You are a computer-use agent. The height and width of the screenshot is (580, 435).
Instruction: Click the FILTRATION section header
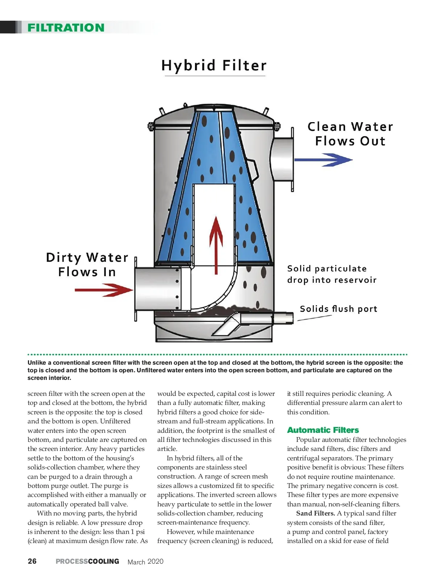(66, 28)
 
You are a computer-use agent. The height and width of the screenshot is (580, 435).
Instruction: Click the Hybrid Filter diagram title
(214, 66)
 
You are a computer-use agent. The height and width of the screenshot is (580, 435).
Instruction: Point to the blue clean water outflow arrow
(323, 159)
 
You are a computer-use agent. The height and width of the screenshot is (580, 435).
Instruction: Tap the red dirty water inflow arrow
(103, 290)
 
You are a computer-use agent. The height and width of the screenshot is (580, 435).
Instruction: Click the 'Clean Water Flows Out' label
(350, 134)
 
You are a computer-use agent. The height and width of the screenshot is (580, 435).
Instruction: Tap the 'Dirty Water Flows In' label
(87, 265)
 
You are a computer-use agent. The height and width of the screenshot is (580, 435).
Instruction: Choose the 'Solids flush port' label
(339, 309)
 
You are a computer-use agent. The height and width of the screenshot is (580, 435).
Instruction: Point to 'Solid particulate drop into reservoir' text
(332, 274)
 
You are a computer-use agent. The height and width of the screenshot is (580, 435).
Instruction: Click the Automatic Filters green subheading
(323, 430)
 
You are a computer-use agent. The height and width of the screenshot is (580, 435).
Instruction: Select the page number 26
(32, 561)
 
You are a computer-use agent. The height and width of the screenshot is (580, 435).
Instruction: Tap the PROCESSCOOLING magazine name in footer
(87, 561)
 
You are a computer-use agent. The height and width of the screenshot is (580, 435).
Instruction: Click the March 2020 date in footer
(145, 562)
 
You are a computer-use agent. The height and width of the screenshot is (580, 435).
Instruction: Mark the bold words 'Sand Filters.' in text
(315, 513)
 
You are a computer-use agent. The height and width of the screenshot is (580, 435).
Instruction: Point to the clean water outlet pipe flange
(292, 159)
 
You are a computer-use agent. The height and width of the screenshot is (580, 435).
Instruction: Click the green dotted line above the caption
(217, 354)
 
